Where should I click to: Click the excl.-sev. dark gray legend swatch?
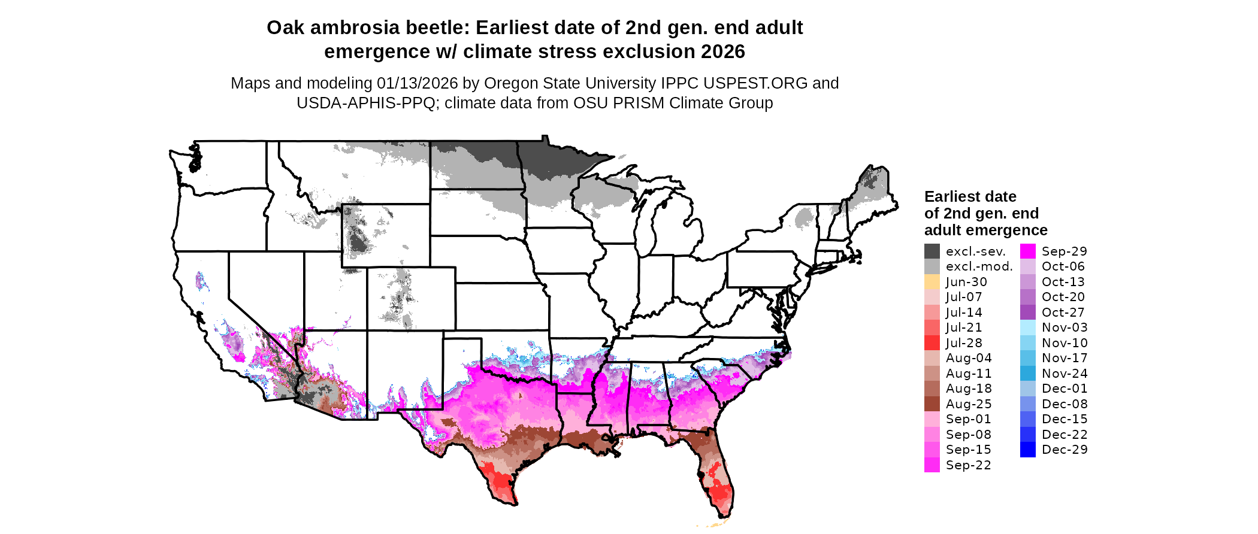pyautogui.click(x=932, y=251)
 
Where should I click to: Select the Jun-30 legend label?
pyautogui.click(x=966, y=282)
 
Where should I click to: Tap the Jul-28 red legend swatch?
pyautogui.click(x=932, y=343)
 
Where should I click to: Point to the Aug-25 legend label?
pyautogui.click(x=969, y=404)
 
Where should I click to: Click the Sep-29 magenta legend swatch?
pyautogui.click(x=1028, y=251)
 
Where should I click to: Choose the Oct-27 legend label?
pyautogui.click(x=1063, y=312)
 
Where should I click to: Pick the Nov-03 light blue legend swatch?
pyautogui.click(x=1028, y=327)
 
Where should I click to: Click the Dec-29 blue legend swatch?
pyautogui.click(x=1028, y=450)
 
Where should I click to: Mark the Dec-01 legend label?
pyautogui.click(x=1065, y=389)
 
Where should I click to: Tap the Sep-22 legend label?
pyautogui.click(x=968, y=465)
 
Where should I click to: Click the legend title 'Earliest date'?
pyautogui.click(x=970, y=197)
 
